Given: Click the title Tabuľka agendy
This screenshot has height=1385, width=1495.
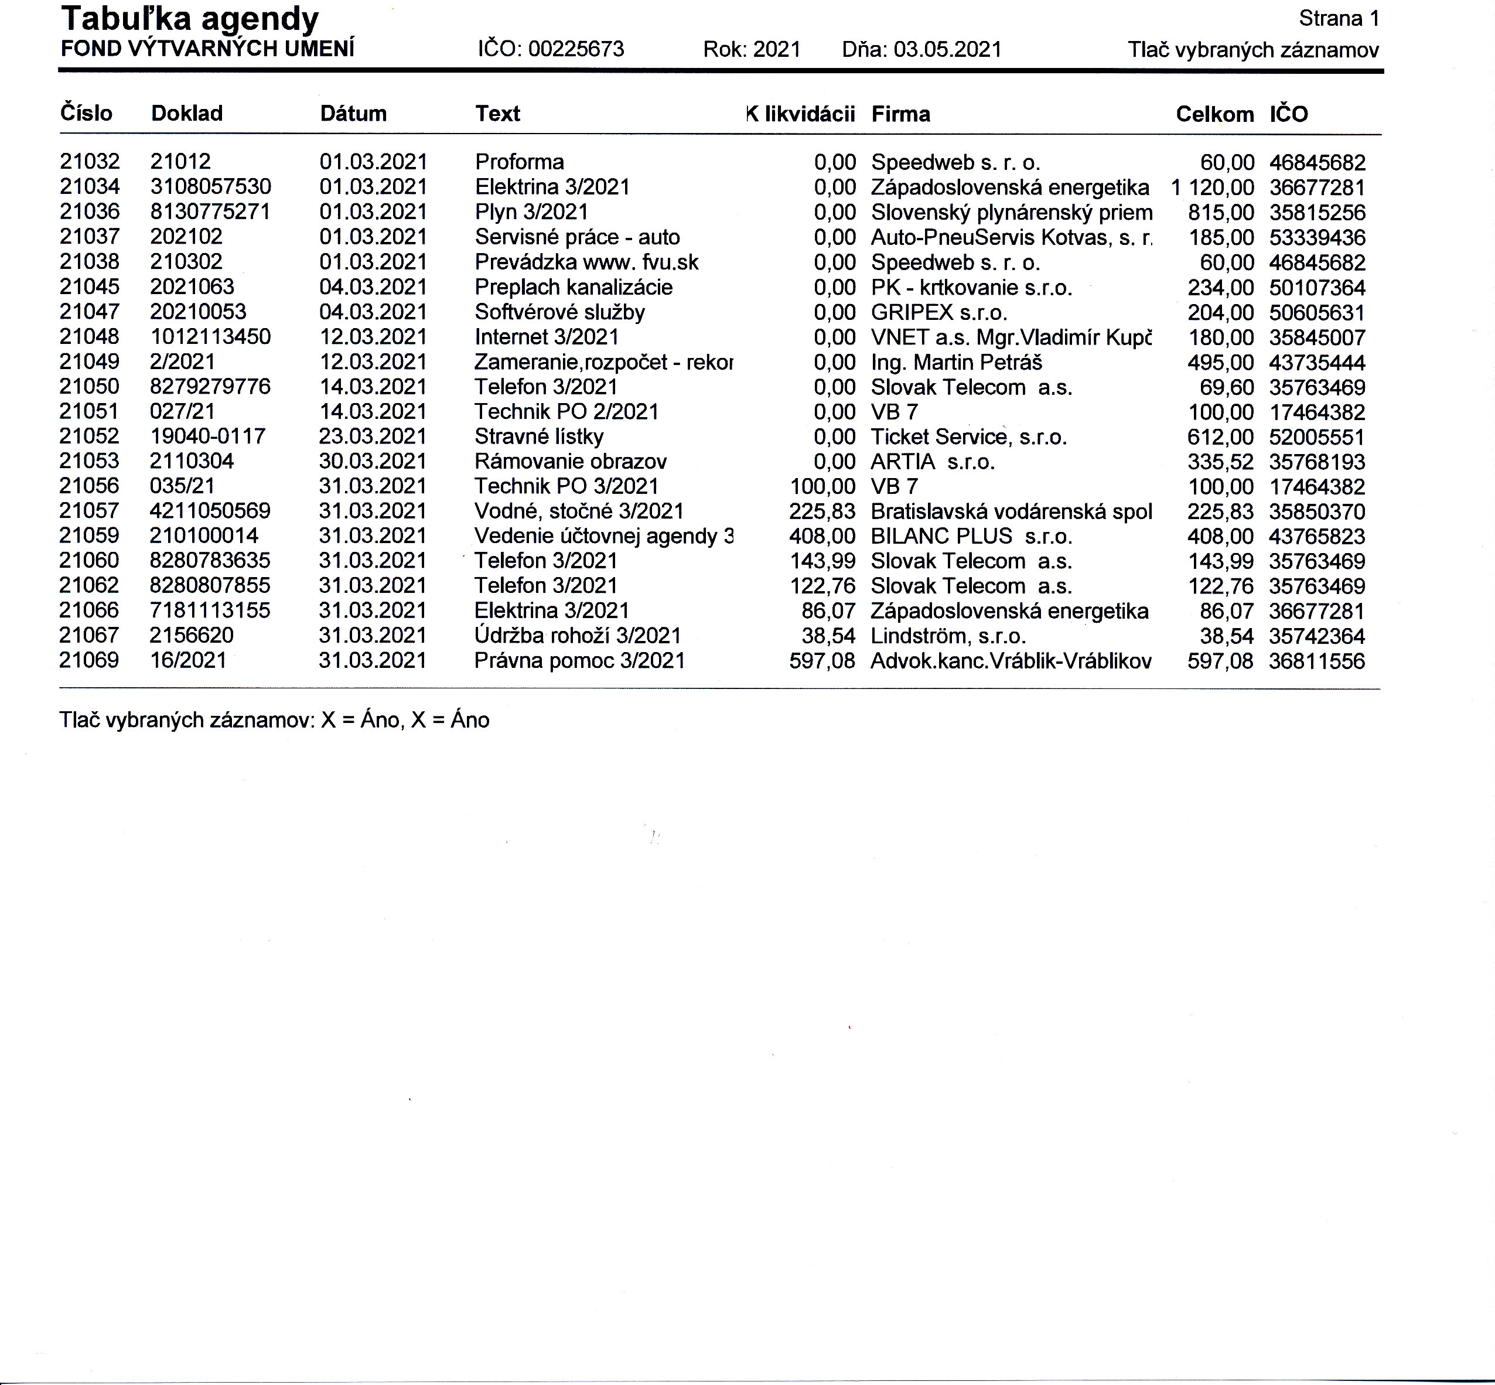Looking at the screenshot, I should click(190, 19).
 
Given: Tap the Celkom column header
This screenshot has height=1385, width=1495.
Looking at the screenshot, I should click(1214, 114).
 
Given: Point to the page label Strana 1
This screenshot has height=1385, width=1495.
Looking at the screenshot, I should click(1339, 19).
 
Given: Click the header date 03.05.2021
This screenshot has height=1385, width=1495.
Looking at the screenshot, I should click(947, 49).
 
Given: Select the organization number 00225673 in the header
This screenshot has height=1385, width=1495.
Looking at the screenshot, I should click(575, 49).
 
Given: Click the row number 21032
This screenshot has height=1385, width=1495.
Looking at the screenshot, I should click(89, 162).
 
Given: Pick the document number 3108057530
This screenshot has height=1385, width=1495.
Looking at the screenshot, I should click(210, 187).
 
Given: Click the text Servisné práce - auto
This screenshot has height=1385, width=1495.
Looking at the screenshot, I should click(577, 237).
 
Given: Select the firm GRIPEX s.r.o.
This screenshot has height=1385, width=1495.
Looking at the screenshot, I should click(938, 312).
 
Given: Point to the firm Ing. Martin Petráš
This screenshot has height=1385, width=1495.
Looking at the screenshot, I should click(955, 363).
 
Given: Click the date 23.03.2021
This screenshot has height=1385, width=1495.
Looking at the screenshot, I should click(373, 436).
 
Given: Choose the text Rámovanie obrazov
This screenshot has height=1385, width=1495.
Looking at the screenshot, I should click(570, 462).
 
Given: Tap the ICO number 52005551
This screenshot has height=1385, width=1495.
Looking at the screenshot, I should click(1317, 437).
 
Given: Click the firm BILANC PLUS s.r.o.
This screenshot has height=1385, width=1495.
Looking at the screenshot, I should click(971, 537).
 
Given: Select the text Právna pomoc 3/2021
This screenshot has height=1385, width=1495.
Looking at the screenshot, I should click(579, 660).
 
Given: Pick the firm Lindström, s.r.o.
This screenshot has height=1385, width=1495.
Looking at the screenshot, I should click(948, 636).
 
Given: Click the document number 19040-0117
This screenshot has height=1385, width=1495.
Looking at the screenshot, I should click(207, 436).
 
